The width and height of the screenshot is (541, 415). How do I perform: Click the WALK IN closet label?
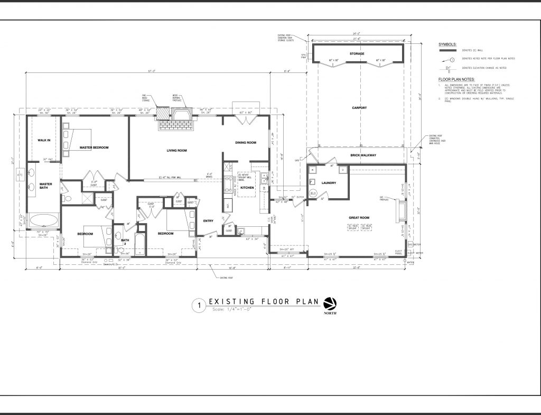click(x=43, y=140)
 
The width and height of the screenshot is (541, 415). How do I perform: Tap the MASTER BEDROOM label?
click(x=94, y=147)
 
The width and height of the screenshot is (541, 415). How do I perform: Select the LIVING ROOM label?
click(x=177, y=151)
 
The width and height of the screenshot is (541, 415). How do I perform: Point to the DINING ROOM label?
click(x=246, y=143)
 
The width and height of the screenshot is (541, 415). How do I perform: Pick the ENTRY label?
click(x=208, y=221)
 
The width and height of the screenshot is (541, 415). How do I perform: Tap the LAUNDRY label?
click(x=329, y=183)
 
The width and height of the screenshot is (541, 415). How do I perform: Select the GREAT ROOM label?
click(x=358, y=217)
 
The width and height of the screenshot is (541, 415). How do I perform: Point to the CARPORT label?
click(x=359, y=108)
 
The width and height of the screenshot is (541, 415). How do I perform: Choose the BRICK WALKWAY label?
click(x=363, y=155)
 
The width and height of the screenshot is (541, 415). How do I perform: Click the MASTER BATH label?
click(x=45, y=187)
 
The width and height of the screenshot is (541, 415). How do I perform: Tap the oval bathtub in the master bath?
click(x=44, y=220)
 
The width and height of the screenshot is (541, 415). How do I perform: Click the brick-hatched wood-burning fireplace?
click(x=175, y=119)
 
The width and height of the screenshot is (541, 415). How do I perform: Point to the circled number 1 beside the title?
click(x=199, y=305)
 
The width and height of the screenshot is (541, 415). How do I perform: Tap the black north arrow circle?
click(x=329, y=303)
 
